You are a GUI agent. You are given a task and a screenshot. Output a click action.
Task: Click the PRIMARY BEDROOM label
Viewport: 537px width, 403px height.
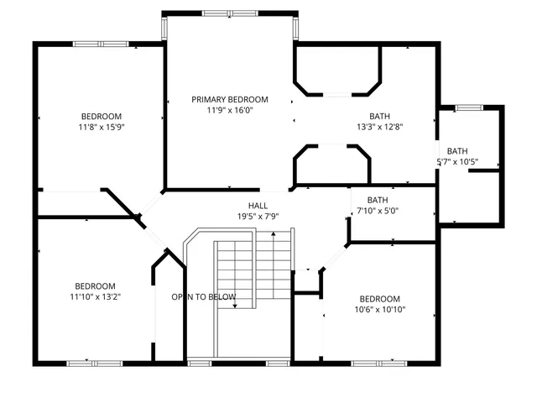[229, 99]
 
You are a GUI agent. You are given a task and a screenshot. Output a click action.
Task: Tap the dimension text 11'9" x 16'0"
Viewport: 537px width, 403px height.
[229, 110]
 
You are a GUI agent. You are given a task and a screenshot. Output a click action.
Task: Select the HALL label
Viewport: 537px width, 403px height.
[258, 206]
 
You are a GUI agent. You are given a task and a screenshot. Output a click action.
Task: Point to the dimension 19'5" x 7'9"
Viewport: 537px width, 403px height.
[258, 217]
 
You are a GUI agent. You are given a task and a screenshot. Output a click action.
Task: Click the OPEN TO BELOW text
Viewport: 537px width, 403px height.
[204, 297]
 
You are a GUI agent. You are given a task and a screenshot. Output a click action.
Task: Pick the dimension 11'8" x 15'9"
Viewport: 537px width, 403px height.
[101, 128]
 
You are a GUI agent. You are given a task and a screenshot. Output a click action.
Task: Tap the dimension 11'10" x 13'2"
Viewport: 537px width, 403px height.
[95, 297]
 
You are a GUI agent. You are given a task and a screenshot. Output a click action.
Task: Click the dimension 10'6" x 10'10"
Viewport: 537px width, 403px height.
[379, 310]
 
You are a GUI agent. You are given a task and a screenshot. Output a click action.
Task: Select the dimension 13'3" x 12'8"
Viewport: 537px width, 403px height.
[379, 128]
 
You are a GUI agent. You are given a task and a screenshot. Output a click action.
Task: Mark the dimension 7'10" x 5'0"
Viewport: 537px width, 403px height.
[378, 212]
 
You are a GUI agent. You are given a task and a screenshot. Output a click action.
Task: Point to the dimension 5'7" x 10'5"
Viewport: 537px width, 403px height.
[457, 162]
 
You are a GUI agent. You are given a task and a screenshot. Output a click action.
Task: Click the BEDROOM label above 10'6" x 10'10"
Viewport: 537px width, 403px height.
[379, 299]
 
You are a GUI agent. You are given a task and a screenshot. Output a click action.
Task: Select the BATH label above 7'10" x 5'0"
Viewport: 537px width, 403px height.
[378, 200]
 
